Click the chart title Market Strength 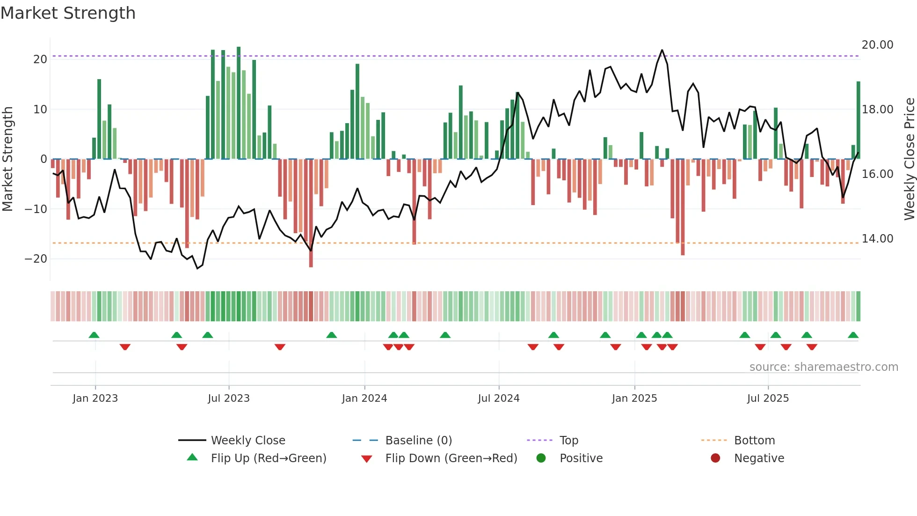point(68,13)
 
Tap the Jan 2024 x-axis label point(364,398)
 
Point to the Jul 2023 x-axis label point(229,398)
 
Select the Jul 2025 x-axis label point(768,398)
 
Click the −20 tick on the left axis point(36,259)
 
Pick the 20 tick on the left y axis point(40,59)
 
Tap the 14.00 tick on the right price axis point(877,239)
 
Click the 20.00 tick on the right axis point(877,45)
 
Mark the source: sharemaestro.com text point(823,367)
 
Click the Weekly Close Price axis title point(909,159)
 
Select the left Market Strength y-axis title point(7,159)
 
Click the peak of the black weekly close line point(662,50)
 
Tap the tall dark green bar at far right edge point(859,120)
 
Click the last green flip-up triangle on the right point(853,335)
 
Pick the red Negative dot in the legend point(715,458)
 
